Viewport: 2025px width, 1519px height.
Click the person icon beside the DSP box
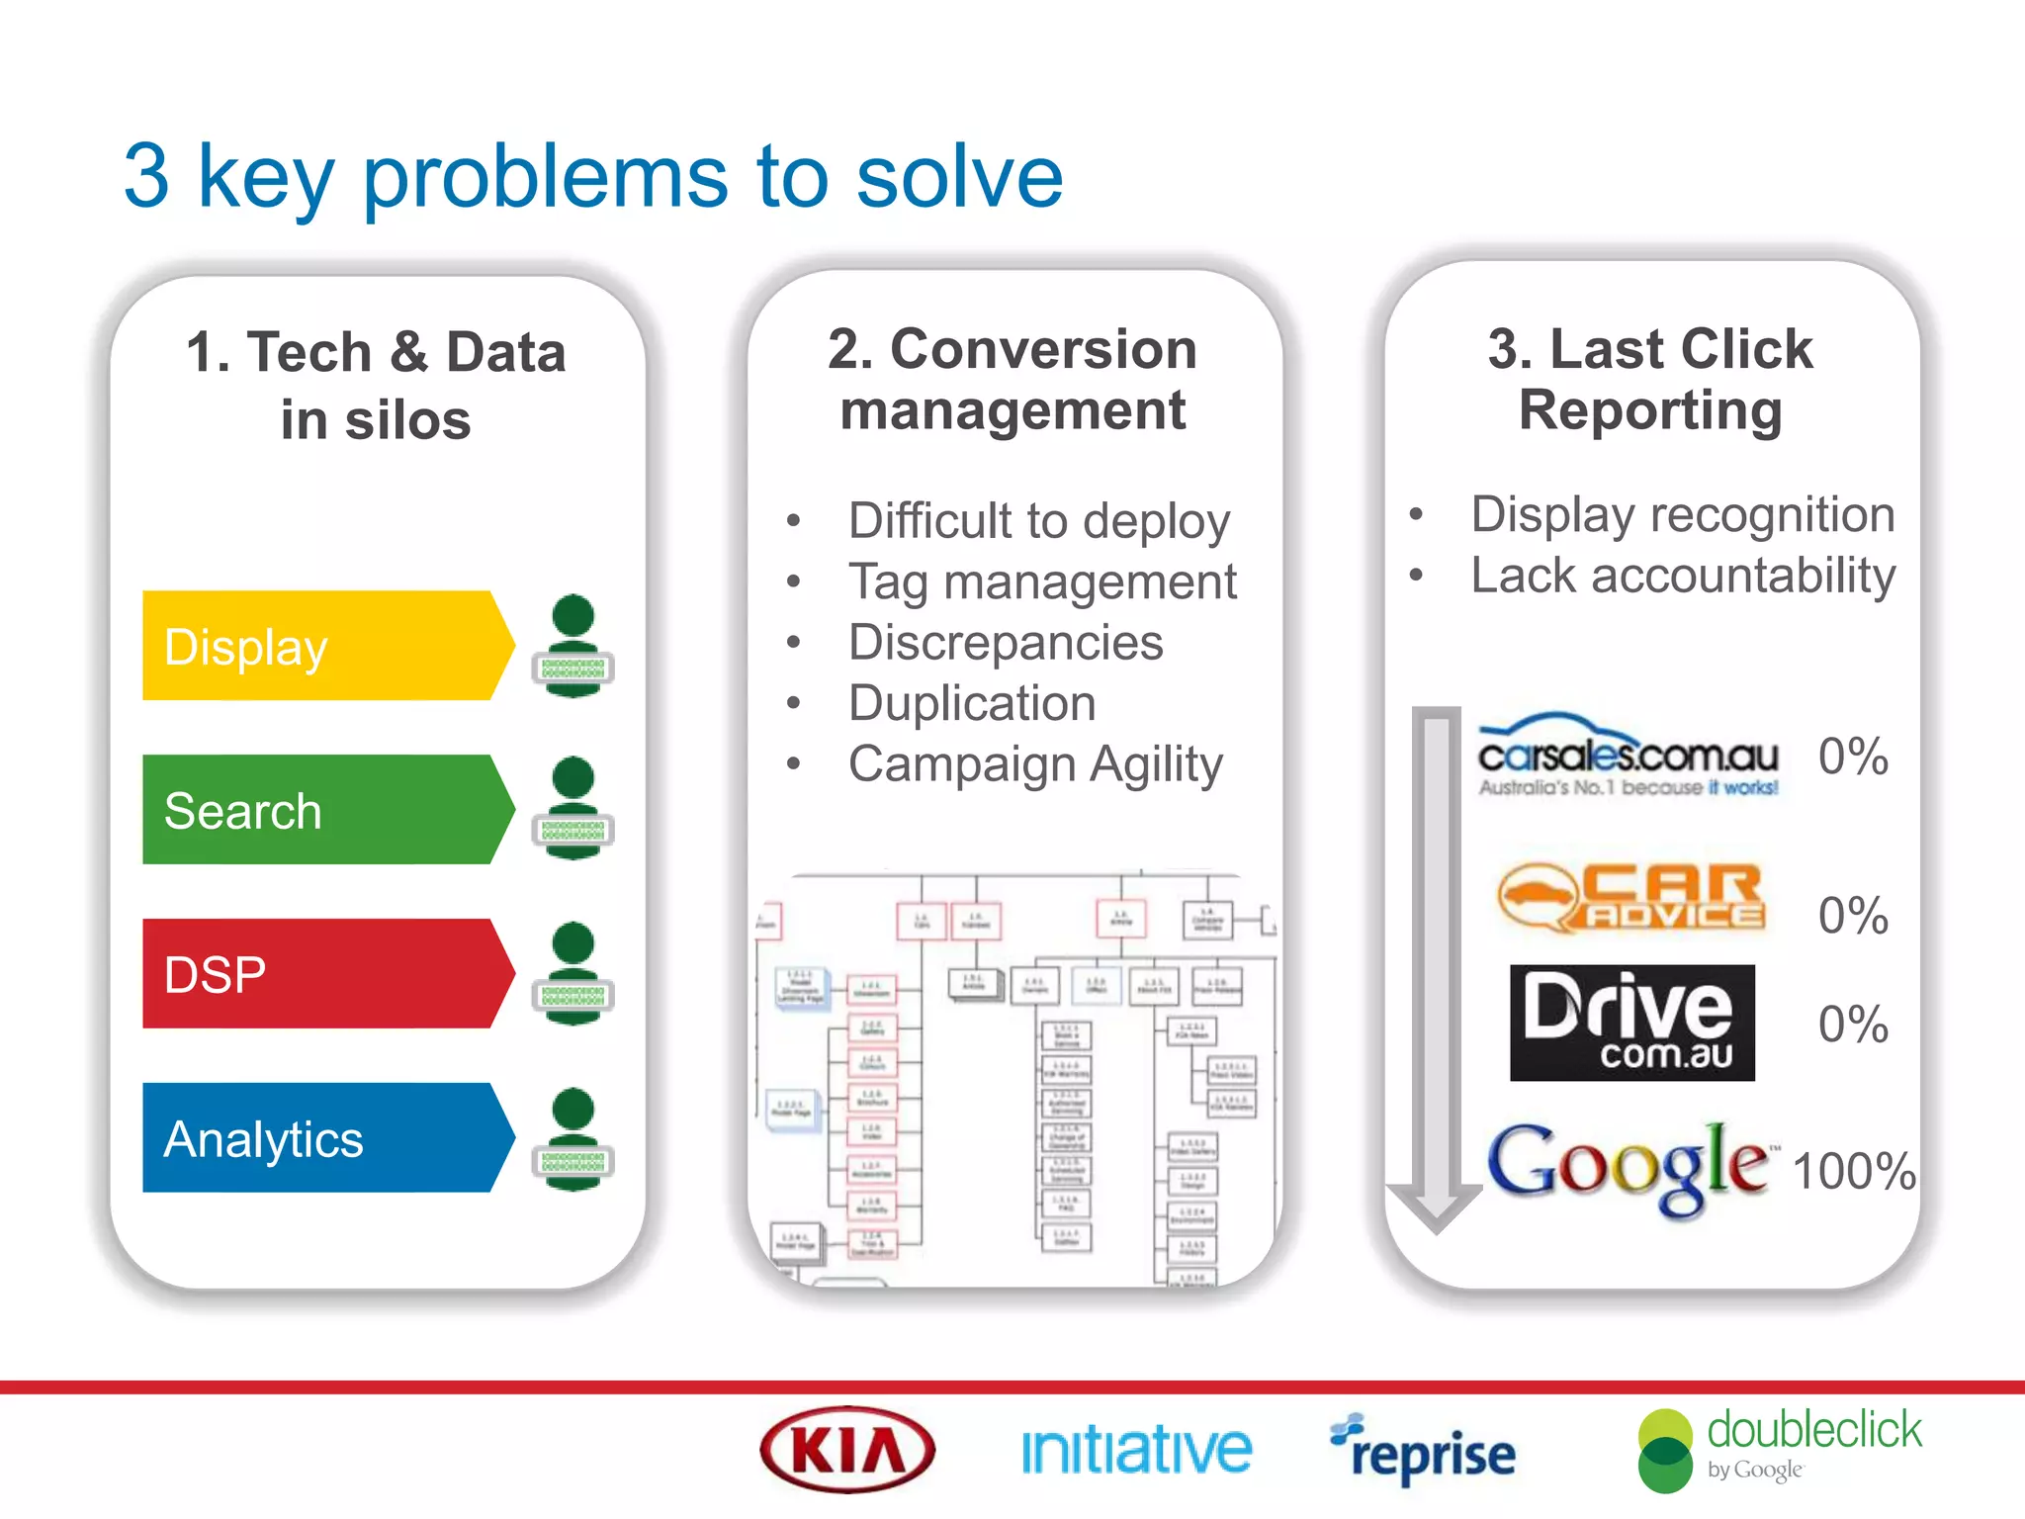[x=573, y=973]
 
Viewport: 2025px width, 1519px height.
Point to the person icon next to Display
[x=573, y=646]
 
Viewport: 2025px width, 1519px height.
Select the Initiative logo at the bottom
[x=1136, y=1451]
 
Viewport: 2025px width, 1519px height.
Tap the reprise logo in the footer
[x=1424, y=1451]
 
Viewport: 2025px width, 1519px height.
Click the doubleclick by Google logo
[x=1780, y=1450]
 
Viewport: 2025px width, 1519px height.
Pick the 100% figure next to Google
[x=1854, y=1172]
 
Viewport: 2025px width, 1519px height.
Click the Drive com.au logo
[x=1631, y=1023]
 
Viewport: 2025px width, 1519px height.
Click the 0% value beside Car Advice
[x=1853, y=916]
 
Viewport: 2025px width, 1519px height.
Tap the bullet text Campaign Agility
[x=1035, y=764]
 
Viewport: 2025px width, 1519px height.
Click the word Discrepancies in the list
[x=1006, y=643]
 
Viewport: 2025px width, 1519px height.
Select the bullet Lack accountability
[x=1683, y=576]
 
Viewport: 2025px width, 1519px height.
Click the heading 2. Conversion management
[x=1012, y=380]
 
